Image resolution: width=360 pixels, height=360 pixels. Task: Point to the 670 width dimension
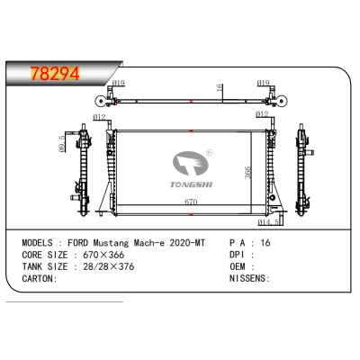[x=191, y=203]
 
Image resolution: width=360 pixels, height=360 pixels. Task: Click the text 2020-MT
[x=175, y=244]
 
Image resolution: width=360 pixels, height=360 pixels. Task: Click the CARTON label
[x=37, y=279]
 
